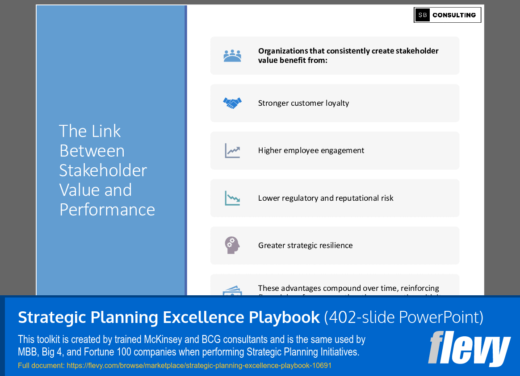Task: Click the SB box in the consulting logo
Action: (x=422, y=15)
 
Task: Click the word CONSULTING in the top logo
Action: (x=454, y=15)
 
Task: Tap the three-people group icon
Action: (x=232, y=56)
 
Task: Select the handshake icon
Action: (x=232, y=103)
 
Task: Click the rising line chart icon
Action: (x=232, y=151)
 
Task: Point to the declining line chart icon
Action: (x=232, y=198)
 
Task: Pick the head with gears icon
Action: (x=232, y=245)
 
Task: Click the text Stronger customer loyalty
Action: (x=303, y=103)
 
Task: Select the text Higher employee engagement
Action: (x=311, y=150)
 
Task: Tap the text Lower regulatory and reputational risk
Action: (x=326, y=198)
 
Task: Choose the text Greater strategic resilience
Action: (x=305, y=245)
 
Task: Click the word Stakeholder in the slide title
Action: (x=103, y=170)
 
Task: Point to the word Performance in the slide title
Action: (x=107, y=210)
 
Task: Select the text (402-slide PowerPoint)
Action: (x=403, y=318)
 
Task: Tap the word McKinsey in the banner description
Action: (x=163, y=340)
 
